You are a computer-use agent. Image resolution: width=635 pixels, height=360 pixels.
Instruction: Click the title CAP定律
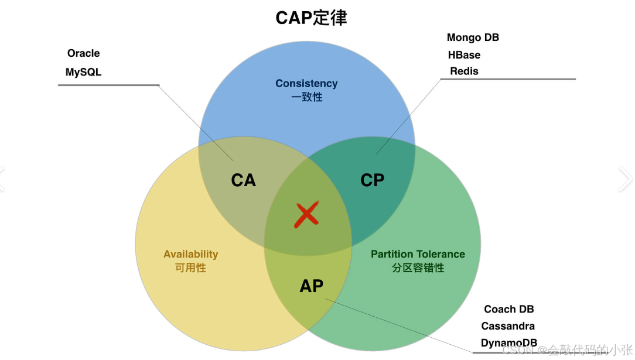(x=311, y=18)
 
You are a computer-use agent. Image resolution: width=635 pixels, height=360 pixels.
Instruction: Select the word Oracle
(x=83, y=53)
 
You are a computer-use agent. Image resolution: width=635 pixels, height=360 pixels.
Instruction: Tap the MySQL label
(x=83, y=73)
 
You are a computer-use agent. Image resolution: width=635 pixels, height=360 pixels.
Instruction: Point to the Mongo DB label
(x=473, y=37)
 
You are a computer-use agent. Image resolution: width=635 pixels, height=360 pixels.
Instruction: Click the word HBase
(x=464, y=55)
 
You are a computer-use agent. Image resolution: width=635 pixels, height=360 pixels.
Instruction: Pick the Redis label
(x=464, y=71)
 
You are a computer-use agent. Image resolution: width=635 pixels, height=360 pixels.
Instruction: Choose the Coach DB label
(x=508, y=309)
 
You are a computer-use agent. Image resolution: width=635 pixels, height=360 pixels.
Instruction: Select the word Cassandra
(x=508, y=326)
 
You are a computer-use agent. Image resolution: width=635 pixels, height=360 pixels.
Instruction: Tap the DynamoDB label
(x=508, y=343)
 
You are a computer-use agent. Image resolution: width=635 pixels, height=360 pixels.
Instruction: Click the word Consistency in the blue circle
(x=306, y=84)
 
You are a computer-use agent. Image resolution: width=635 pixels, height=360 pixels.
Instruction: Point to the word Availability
(x=190, y=254)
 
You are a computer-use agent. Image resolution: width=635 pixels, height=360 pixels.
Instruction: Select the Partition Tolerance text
(x=418, y=254)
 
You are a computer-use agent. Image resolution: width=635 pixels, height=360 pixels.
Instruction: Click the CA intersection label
(x=243, y=180)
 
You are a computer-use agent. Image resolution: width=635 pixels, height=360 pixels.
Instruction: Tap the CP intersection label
(x=372, y=180)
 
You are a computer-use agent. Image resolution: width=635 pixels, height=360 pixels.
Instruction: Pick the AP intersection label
(x=311, y=286)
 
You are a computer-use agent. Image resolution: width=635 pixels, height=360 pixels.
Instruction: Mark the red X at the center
(x=306, y=215)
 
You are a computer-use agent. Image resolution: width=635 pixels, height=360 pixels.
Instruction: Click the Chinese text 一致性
(x=306, y=97)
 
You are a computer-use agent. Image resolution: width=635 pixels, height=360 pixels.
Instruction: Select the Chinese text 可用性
(x=190, y=268)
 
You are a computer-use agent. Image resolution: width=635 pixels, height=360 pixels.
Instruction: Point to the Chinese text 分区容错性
(x=418, y=268)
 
